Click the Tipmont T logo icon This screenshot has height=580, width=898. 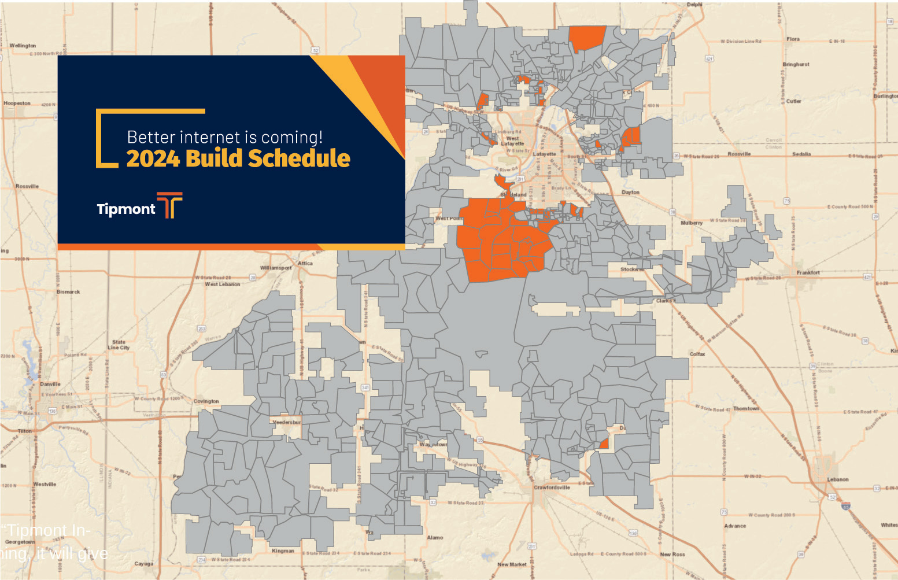click(x=169, y=205)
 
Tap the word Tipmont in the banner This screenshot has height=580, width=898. click(x=126, y=209)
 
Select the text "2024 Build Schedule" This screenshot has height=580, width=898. click(x=238, y=158)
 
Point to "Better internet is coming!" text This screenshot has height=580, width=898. click(x=224, y=137)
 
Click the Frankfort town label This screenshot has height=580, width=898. click(x=808, y=272)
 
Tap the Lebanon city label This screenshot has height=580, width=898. click(x=837, y=479)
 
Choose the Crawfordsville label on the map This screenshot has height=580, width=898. click(x=552, y=487)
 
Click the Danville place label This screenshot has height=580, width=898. click(x=50, y=384)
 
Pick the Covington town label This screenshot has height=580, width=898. click(x=206, y=401)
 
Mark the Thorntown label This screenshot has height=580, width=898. click(x=746, y=408)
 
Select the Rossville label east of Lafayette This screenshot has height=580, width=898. click(x=739, y=154)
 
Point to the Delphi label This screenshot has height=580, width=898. click(x=694, y=5)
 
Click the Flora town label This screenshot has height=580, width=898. click(x=793, y=39)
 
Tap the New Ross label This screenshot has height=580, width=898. click(x=672, y=554)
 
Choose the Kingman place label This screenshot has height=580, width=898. click(x=283, y=551)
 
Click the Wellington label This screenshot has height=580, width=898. click(x=23, y=45)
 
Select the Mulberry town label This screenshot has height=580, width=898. click(x=692, y=223)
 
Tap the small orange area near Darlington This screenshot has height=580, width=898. click(x=604, y=444)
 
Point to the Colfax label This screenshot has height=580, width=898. click(x=697, y=354)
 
